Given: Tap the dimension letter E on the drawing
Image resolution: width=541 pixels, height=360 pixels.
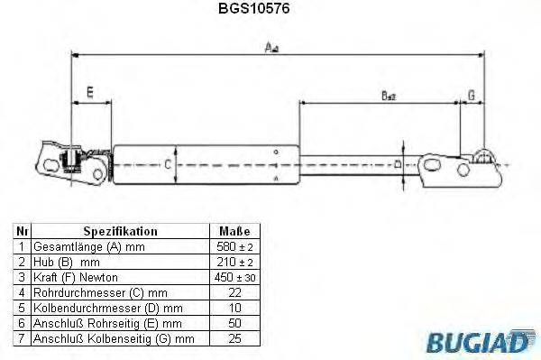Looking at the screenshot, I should [x=88, y=91].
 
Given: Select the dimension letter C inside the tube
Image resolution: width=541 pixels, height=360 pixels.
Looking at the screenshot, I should [x=167, y=164].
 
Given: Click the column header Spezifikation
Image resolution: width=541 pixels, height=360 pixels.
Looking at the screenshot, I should [x=120, y=231].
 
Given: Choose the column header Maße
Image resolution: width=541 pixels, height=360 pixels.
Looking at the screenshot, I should [x=234, y=231].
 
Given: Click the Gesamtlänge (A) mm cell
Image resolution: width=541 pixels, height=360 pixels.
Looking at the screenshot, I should [x=88, y=246].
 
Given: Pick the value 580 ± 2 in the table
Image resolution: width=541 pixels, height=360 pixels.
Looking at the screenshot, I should [x=234, y=246].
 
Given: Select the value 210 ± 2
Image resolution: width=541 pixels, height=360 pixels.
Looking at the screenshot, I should [x=234, y=262].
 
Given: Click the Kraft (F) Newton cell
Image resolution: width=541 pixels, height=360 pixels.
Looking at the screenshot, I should [x=76, y=277].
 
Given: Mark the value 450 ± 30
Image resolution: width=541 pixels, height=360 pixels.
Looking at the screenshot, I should [x=234, y=277].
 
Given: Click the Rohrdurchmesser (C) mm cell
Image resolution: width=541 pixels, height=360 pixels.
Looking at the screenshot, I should [x=99, y=292].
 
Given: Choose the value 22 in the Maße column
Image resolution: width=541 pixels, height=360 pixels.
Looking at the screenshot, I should [x=234, y=292].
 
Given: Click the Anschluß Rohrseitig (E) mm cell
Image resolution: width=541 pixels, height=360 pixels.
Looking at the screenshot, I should [x=107, y=323].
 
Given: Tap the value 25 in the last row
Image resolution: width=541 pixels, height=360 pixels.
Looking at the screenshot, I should [x=234, y=338].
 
